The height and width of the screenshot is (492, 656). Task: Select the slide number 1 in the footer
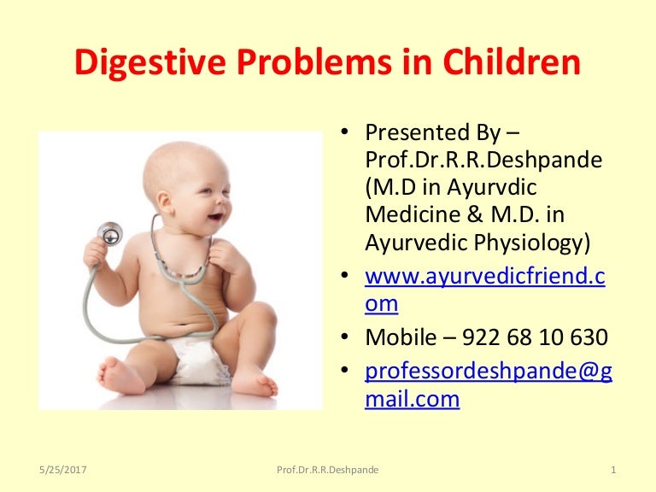click(615, 470)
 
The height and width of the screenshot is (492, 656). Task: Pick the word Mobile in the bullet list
click(398, 337)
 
